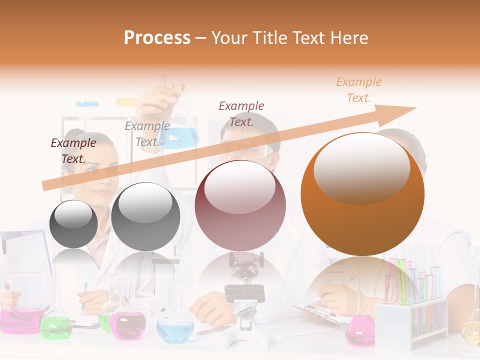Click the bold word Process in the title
click(x=157, y=38)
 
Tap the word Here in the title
click(x=350, y=38)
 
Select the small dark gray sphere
click(x=74, y=223)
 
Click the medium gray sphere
click(x=145, y=216)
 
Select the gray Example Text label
click(x=147, y=134)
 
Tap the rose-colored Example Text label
click(x=241, y=113)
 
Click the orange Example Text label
click(x=358, y=90)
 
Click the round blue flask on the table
click(x=175, y=327)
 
